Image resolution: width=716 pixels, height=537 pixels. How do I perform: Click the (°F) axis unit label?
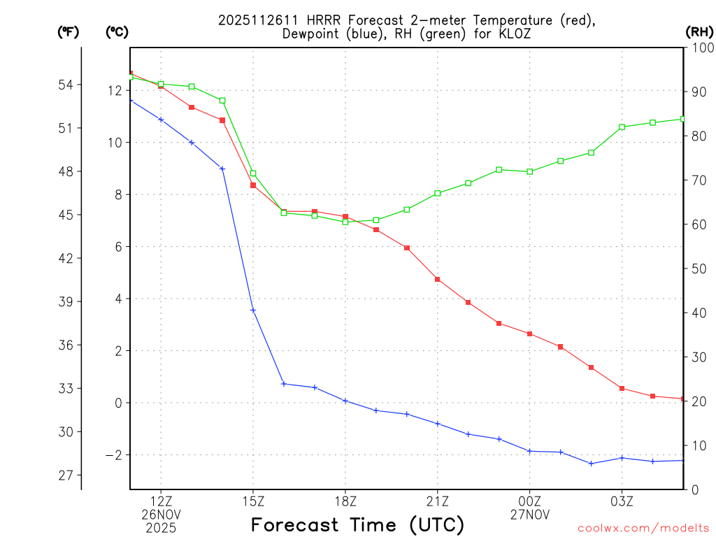pos(68,31)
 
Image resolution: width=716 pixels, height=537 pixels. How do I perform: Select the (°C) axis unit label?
pos(116,31)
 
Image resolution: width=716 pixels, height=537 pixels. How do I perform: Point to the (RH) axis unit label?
pos(699,31)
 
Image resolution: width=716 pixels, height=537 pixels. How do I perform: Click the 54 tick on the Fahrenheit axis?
pos(66,85)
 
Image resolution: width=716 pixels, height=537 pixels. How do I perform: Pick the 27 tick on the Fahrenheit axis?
pos(66,475)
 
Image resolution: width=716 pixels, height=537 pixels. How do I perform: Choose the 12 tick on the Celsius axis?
pos(115,91)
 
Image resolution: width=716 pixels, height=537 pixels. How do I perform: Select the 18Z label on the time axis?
pos(345,501)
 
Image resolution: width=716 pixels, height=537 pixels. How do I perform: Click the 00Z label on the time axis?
pos(529,501)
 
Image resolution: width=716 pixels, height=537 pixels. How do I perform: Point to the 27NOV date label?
pos(529,515)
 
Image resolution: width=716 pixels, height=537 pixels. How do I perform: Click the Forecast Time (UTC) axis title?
pos(357,524)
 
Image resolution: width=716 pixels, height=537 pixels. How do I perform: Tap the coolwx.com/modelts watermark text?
pos(643,528)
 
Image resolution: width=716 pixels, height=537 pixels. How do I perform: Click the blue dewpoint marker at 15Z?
pos(253,310)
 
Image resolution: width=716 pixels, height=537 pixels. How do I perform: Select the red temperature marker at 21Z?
pos(437,279)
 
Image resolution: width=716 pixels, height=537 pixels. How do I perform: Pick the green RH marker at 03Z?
pos(622,127)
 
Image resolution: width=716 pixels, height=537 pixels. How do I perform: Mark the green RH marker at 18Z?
pos(345,222)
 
